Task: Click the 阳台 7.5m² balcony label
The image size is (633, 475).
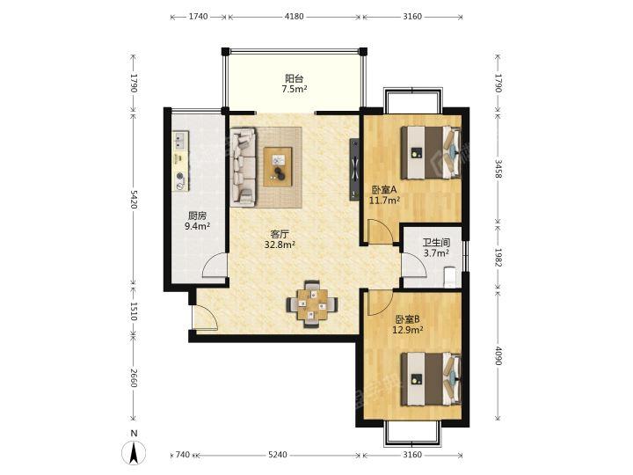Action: (295, 84)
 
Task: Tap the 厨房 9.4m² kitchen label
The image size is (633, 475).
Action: (198, 221)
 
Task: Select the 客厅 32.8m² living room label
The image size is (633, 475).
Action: (280, 239)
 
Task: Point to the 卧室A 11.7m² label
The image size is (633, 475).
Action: (385, 194)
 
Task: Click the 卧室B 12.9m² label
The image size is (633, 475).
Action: (408, 325)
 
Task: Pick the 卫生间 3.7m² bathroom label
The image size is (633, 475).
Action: (436, 247)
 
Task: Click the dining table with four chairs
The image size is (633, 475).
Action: (312, 303)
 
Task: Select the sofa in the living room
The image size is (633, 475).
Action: (243, 167)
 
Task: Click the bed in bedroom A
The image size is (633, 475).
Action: (431, 152)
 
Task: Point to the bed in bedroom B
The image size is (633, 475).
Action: (431, 378)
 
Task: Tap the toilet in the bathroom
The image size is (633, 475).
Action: (449, 277)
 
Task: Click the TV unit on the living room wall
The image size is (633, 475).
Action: (354, 169)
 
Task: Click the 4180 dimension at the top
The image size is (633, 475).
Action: (294, 17)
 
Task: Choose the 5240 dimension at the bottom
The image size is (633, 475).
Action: (278, 455)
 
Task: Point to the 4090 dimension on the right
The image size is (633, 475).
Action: (498, 356)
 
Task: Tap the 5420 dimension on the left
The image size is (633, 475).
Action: (134, 200)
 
